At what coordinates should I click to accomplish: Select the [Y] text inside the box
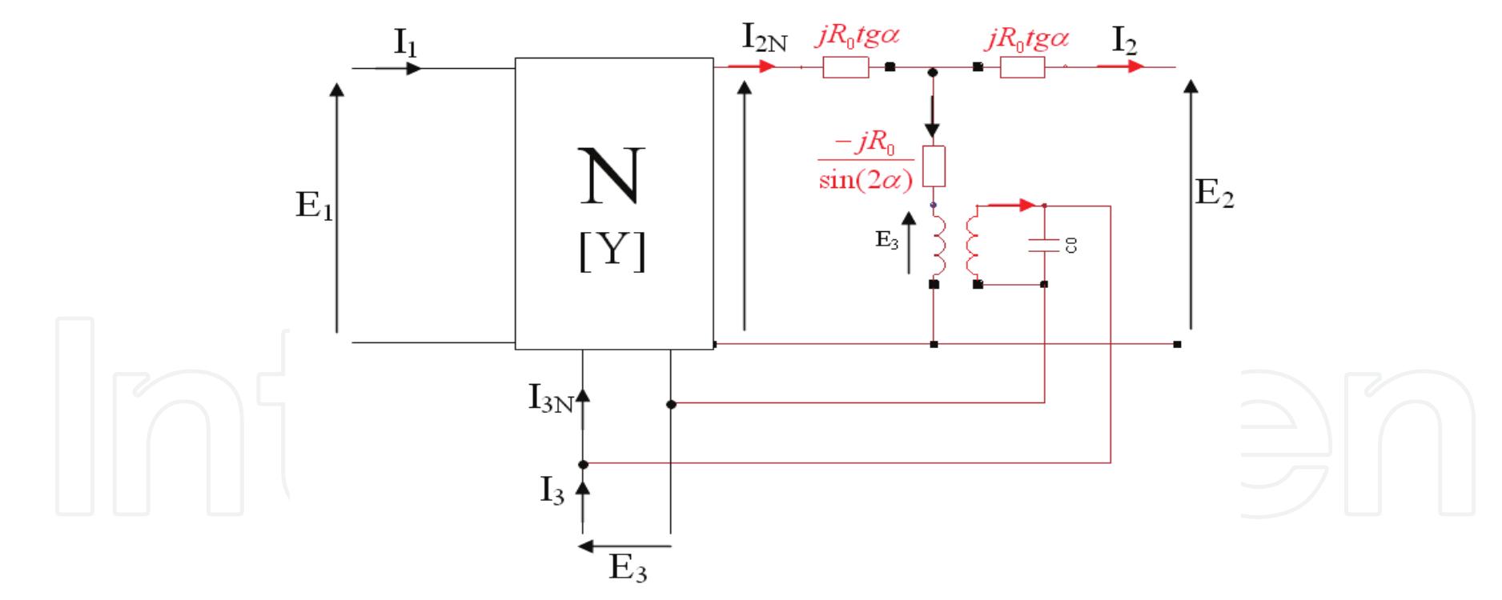(612, 253)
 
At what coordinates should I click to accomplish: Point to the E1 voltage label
(314, 206)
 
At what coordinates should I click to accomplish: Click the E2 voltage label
(1214, 194)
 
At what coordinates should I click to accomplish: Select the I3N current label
(550, 398)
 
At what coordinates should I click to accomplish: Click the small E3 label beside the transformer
(886, 240)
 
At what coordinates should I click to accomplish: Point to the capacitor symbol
(1045, 245)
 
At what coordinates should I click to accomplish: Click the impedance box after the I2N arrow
(845, 68)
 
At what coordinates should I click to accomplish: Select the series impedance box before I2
(1022, 68)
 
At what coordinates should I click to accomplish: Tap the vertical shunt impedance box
(934, 166)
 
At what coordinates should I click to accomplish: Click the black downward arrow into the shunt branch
(932, 120)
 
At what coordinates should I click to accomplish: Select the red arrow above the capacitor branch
(1013, 206)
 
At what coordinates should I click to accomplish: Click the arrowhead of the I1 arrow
(413, 69)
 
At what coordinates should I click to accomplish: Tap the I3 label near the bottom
(551, 491)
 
